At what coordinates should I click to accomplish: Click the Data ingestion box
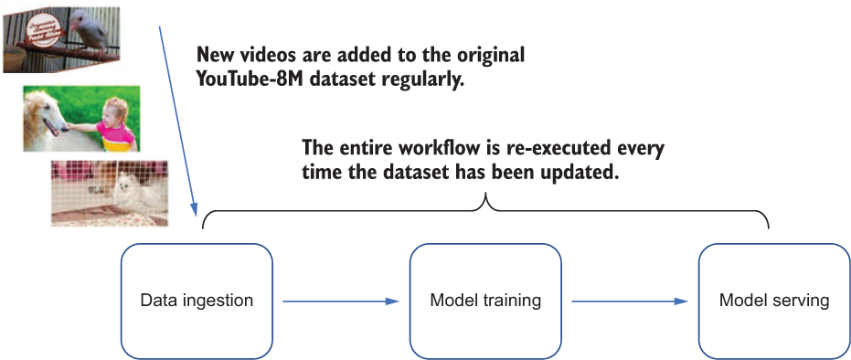coord(197,301)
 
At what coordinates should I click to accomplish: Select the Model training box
coord(485,301)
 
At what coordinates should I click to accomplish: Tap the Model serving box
coord(774,301)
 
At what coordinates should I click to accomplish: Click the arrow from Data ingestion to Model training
coord(341,302)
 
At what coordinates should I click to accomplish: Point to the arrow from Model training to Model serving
coord(630,302)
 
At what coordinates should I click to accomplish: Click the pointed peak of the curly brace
coord(485,196)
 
